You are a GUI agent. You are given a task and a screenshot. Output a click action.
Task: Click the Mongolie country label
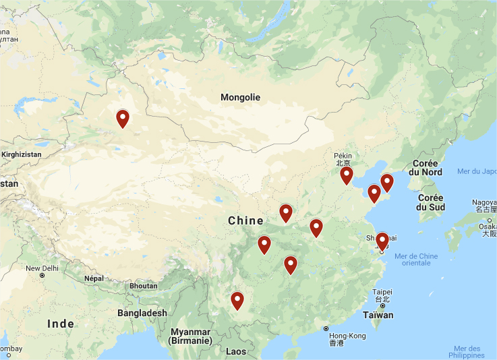240,97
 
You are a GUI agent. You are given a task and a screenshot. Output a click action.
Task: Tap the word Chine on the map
245,220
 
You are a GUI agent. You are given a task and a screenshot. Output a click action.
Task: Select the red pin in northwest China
123,119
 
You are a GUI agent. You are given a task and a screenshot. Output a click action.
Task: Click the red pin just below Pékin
347,175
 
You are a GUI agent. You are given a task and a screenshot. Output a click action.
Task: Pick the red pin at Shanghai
382,241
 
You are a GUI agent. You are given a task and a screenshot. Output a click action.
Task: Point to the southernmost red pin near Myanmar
237,300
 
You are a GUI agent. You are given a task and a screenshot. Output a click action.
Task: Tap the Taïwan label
378,315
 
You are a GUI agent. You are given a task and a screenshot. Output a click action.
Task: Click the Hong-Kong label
348,336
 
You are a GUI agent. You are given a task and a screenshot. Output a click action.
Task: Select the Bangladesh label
142,313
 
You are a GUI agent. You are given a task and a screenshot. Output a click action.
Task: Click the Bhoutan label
142,286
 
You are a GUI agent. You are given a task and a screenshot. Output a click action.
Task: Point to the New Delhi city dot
42,276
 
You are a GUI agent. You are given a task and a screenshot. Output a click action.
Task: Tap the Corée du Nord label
425,168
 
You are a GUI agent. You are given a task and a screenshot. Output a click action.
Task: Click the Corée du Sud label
430,202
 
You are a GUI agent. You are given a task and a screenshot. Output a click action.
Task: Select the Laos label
236,351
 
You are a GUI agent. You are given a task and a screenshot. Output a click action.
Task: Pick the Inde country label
61,324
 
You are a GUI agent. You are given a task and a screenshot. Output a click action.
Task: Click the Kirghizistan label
21,154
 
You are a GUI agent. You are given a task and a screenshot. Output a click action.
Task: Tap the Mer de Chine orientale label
416,259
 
